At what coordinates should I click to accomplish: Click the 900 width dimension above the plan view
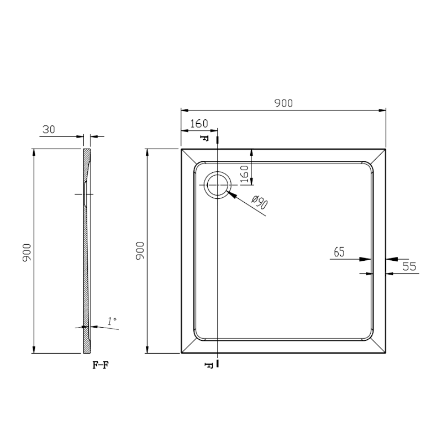283,103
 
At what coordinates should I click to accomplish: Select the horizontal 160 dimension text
199,124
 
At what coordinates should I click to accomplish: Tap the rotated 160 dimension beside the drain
245,176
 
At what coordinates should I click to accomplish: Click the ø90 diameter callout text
259,203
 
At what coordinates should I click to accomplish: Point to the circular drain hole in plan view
217,185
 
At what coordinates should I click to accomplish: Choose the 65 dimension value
339,252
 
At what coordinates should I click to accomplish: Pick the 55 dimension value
409,266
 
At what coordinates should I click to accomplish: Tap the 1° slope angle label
112,320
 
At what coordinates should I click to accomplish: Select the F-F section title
100,366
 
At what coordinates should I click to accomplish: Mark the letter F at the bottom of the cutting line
208,365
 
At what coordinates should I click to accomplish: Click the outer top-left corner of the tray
182,149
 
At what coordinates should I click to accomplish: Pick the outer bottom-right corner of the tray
385,352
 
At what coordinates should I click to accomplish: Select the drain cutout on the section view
84,194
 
